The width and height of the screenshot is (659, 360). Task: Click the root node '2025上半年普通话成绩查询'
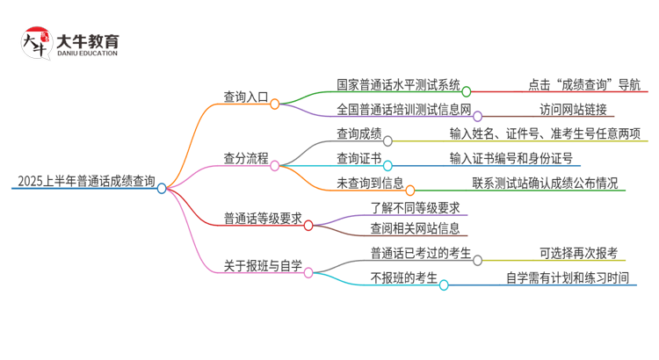(85, 183)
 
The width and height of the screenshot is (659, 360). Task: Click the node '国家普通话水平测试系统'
(398, 85)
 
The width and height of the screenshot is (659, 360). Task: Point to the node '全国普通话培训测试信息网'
(404, 111)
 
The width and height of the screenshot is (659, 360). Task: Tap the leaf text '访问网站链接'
(573, 111)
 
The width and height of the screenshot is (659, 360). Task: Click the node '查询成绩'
(358, 134)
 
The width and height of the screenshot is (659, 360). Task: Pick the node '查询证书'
(358, 159)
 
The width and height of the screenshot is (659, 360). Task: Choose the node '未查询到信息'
(369, 184)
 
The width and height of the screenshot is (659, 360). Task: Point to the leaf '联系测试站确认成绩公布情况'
(545, 184)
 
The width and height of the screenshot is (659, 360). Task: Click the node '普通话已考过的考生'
(421, 255)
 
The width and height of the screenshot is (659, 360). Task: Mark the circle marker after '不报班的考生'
(444, 284)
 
